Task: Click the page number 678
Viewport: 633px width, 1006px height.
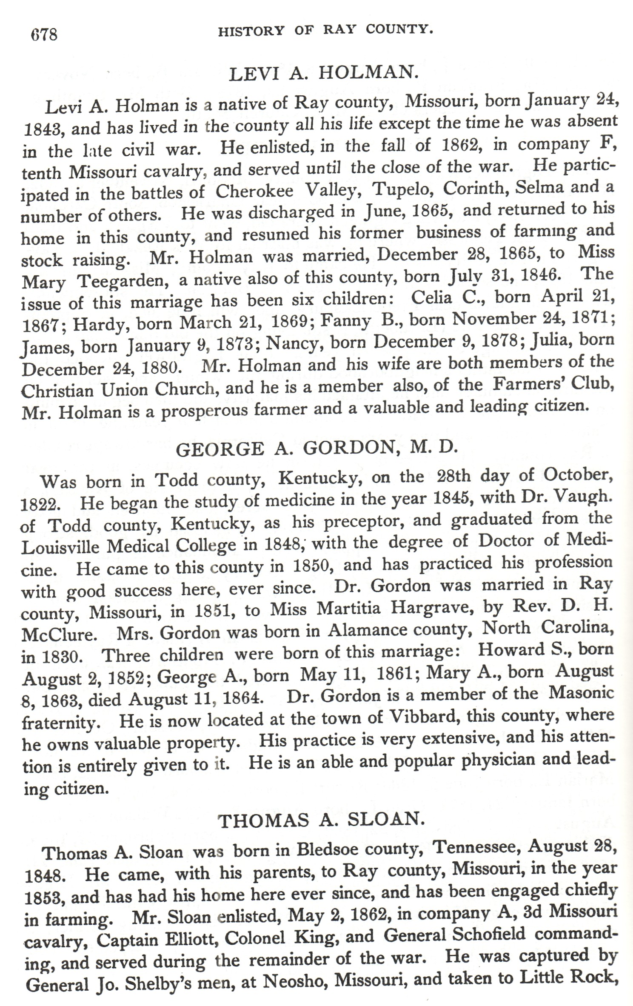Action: tap(43, 34)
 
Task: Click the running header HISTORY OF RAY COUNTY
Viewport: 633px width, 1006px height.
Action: tap(325, 30)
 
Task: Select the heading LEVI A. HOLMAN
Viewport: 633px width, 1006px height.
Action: tap(322, 73)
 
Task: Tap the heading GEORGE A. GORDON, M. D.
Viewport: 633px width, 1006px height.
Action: tap(317, 449)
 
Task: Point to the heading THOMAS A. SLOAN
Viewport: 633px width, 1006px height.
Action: tap(322, 820)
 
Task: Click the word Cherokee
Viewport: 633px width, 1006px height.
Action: tap(254, 191)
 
